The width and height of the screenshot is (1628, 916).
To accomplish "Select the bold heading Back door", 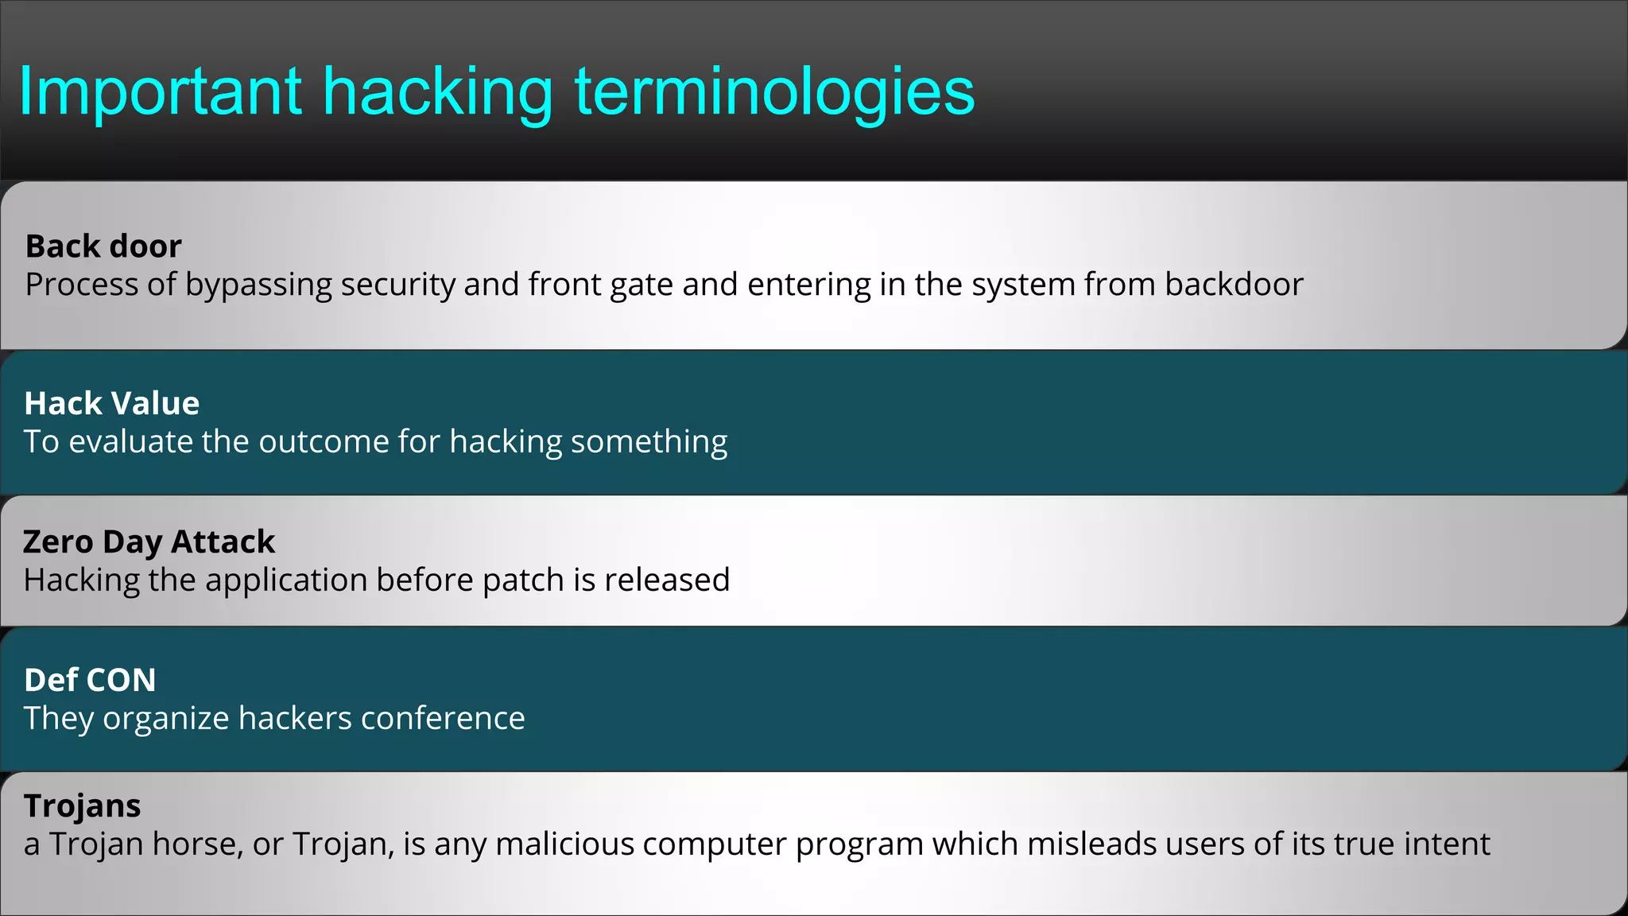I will [x=103, y=246].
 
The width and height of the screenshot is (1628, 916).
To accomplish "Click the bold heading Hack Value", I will [x=111, y=403].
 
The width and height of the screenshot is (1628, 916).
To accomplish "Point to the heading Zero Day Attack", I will [x=149, y=541].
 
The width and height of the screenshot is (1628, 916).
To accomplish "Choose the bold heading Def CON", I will [x=90, y=680].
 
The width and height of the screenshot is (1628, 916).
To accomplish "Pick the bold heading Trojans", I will [x=82, y=805].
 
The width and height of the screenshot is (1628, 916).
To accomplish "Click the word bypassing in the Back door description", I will [x=258, y=285].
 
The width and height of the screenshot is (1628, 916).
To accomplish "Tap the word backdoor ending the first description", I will [x=1234, y=285].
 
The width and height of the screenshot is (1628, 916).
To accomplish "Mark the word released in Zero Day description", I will [x=666, y=580].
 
